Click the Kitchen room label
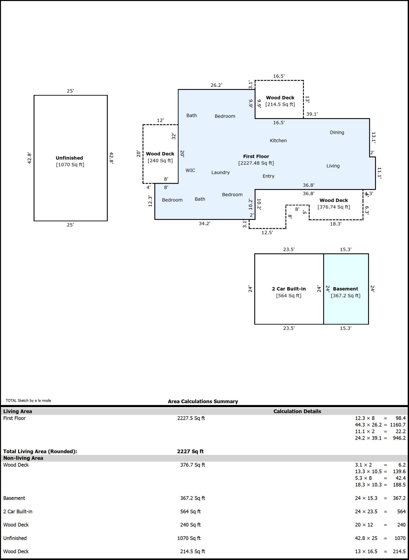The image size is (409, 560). (x=278, y=141)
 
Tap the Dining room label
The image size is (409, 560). (x=337, y=132)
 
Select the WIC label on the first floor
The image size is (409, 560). (x=190, y=170)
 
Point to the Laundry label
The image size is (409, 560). (x=220, y=172)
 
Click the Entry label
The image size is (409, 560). (x=268, y=176)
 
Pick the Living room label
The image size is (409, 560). (x=333, y=166)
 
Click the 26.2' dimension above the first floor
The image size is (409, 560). (x=216, y=85)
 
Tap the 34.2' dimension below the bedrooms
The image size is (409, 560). (x=204, y=223)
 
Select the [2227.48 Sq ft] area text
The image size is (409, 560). (x=256, y=163)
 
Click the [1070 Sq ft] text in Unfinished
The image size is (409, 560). (x=70, y=165)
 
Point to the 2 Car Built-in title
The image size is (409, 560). (x=289, y=289)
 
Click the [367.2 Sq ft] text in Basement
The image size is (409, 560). (x=345, y=296)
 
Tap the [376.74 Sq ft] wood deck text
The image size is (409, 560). (x=334, y=207)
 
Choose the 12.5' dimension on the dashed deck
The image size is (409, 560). (x=267, y=232)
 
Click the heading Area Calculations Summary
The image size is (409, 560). (x=203, y=401)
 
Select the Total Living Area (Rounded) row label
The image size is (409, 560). (x=40, y=451)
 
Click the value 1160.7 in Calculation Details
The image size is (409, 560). (x=398, y=425)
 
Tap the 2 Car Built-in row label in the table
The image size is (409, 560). (x=18, y=512)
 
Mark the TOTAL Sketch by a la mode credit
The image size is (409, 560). (x=28, y=400)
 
